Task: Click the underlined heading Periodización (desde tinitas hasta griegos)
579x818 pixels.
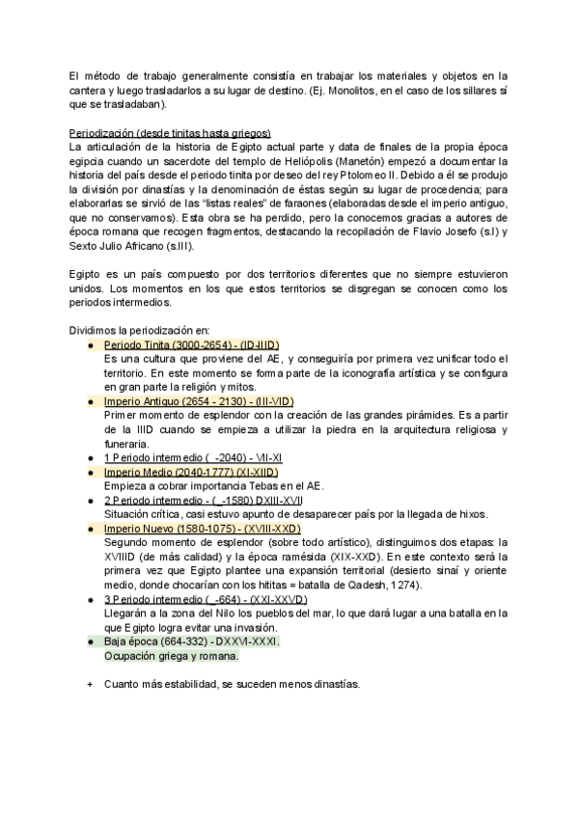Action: point(170,132)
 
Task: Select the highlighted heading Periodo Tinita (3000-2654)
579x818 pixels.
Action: point(191,344)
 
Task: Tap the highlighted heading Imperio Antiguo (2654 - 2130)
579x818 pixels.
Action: point(198,401)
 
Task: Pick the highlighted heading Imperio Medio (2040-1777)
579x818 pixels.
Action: point(190,472)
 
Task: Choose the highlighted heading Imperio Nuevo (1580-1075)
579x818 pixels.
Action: point(202,529)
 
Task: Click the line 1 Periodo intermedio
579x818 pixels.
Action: point(192,458)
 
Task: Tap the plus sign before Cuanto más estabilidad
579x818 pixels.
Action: point(90,684)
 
